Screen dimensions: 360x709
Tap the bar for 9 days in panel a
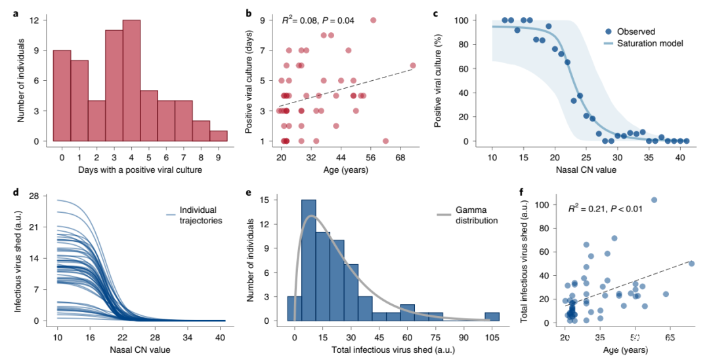click(x=219, y=135)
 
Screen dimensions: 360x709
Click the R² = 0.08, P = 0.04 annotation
click(x=318, y=20)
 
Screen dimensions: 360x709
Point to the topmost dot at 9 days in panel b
click(x=373, y=20)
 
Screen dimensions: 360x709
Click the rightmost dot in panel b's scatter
click(x=413, y=66)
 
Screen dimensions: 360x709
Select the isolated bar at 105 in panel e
click(x=492, y=317)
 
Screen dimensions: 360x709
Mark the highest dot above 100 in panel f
click(x=654, y=200)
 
